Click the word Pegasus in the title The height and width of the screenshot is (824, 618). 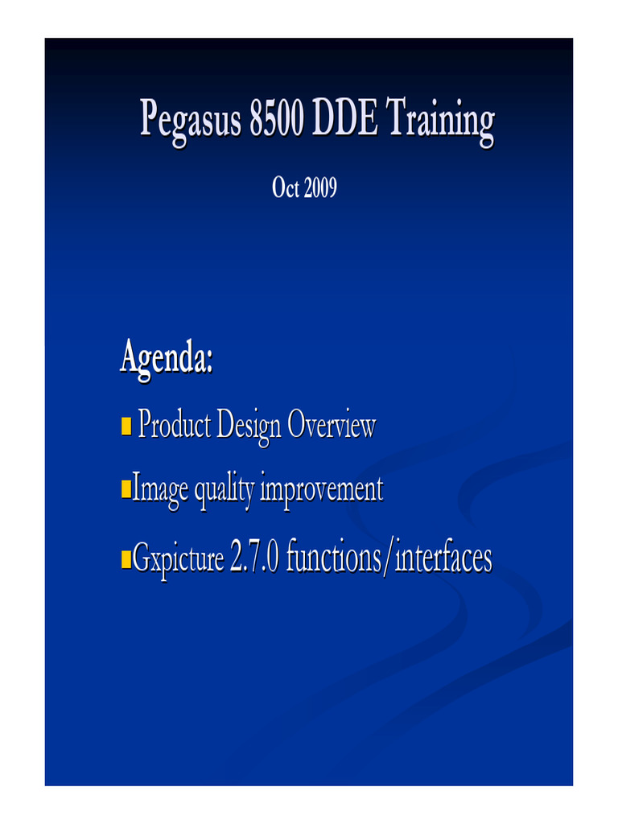tap(190, 122)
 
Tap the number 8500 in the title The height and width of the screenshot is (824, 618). tap(277, 121)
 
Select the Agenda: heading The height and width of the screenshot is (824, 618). tap(167, 357)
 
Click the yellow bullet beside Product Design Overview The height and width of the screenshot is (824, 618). tap(126, 424)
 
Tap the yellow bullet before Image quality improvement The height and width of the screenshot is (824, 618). tap(126, 488)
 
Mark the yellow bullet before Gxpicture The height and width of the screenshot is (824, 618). tap(126, 557)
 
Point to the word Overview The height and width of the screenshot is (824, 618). tap(331, 425)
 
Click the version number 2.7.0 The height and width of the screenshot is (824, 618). tap(255, 558)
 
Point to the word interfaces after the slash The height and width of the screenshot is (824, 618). tap(443, 558)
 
